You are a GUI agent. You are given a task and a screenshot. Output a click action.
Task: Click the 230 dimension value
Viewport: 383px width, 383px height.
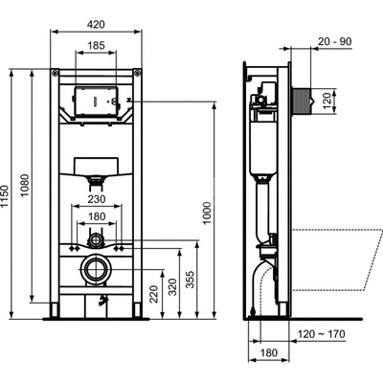[x=98, y=198]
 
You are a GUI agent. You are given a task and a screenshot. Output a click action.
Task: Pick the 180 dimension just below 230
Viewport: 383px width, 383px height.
[x=98, y=216]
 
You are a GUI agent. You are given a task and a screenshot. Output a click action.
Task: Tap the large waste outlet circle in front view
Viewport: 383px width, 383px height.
[x=97, y=271]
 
